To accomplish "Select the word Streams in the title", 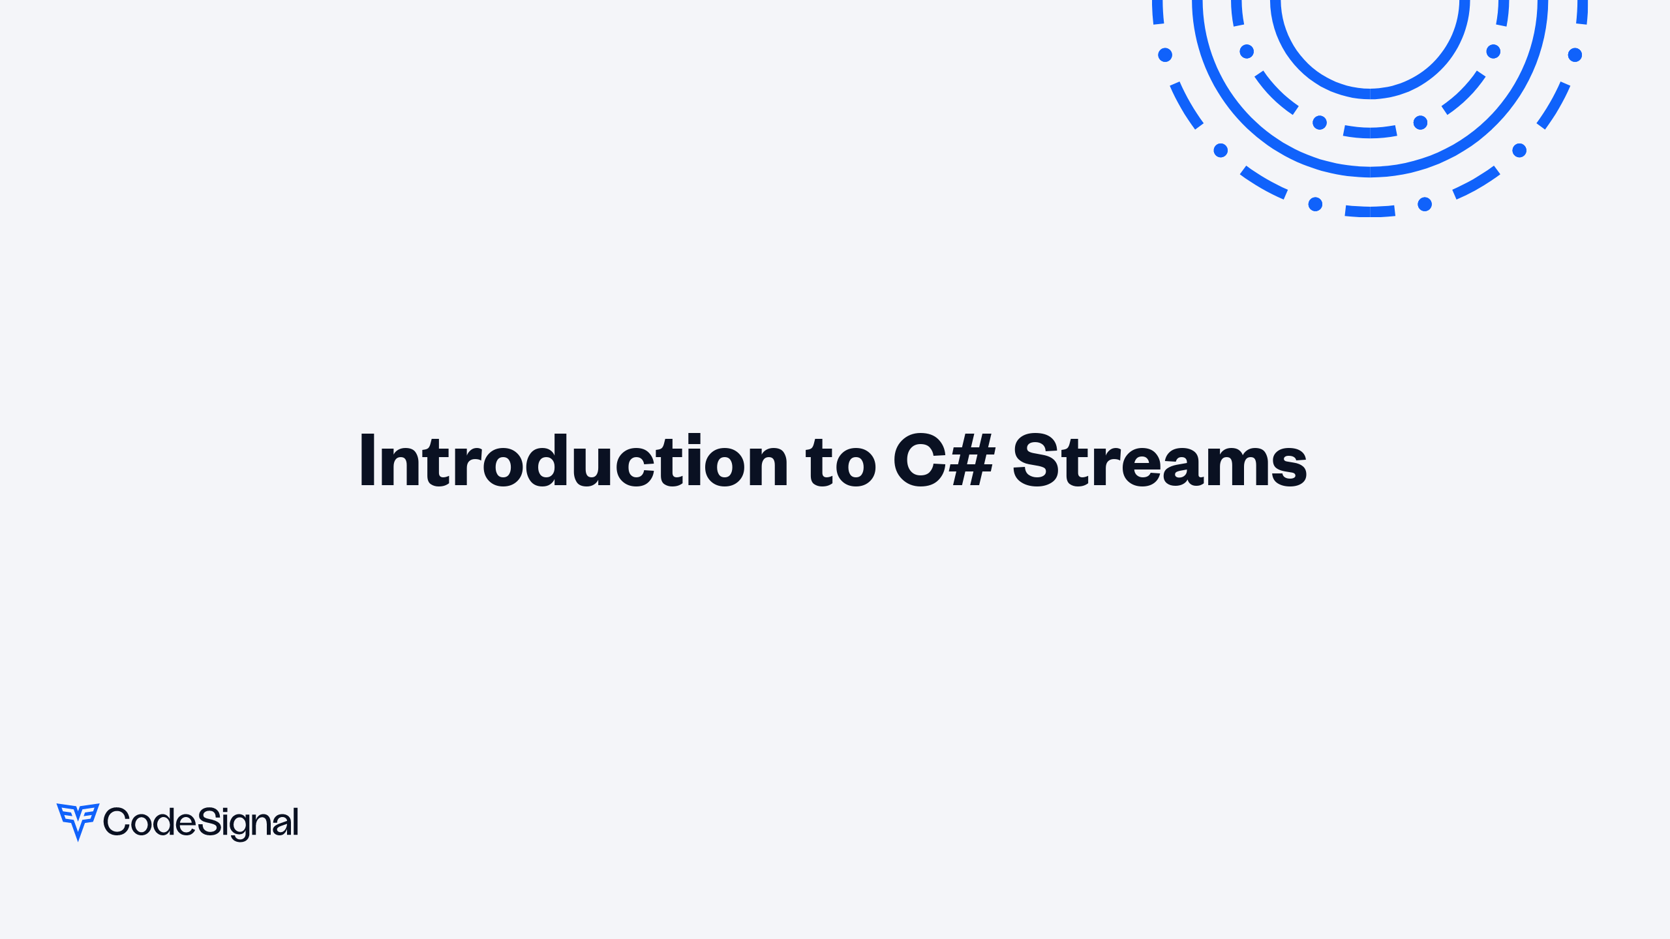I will point(1159,461).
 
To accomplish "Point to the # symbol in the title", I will point(972,461).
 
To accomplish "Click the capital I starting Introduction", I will point(367,461).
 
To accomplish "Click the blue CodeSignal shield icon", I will point(78,820).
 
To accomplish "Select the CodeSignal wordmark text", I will point(201,822).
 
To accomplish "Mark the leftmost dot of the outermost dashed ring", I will point(1165,55).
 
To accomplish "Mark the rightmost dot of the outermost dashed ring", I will point(1575,55).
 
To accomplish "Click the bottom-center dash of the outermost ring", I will point(1370,211).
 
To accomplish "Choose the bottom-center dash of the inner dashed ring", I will point(1370,132).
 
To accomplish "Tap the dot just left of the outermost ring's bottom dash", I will point(1315,205).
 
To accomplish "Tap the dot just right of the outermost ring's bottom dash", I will point(1425,205).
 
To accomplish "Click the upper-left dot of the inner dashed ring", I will point(1247,52).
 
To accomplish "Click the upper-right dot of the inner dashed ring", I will point(1493,52).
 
